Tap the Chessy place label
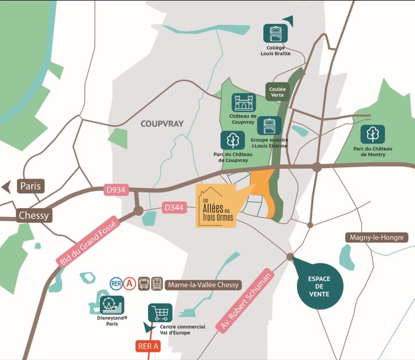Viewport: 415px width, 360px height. coord(34,215)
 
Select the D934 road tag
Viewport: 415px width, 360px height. coord(116,190)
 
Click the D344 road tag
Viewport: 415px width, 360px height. coord(174,208)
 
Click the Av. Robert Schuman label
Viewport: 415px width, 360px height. coord(244,301)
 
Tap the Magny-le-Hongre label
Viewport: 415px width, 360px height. coord(377,237)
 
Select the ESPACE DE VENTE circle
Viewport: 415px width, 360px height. coord(320,287)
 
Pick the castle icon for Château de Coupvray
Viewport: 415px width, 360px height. coord(244,103)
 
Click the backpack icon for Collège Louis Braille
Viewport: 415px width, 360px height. coord(275,34)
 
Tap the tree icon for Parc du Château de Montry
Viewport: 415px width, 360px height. coord(372,134)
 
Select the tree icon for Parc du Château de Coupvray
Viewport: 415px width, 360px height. coord(231,140)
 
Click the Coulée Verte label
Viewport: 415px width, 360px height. coord(278,91)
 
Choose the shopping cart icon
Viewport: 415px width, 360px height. coord(160,313)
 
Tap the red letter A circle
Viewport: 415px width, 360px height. coord(130,284)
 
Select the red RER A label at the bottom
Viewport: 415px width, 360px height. coord(148,347)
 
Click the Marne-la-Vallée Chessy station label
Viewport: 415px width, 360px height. coord(203,285)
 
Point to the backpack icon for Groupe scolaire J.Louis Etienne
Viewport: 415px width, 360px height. coord(269,126)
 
